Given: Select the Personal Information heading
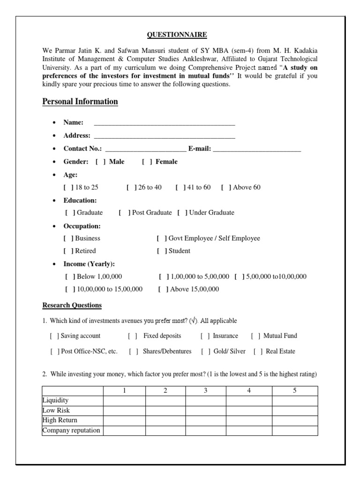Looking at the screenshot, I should coord(80,102).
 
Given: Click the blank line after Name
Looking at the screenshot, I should coord(164,123).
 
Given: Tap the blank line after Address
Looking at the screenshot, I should coord(164,136).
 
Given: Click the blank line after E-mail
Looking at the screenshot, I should coord(256,149).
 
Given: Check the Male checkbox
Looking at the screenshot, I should coord(100,162).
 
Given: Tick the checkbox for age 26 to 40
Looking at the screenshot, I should coord(131,187).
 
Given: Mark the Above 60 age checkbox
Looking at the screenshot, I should coord(226,187).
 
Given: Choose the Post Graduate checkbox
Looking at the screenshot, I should coord(124,213).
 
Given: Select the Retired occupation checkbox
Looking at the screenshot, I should coord(68,251).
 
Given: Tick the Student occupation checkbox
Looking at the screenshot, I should coord(162,251).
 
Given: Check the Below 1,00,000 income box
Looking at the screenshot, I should coord(70,277).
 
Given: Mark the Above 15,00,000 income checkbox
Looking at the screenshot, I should coord(164,289).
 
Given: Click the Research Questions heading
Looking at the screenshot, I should coord(72,305).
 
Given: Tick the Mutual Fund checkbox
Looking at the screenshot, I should coord(255,336).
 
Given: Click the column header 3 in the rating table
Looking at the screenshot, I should coord(206,391).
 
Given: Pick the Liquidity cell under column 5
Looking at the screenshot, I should coord(295,401).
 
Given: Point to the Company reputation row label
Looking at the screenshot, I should coord(71,430).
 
